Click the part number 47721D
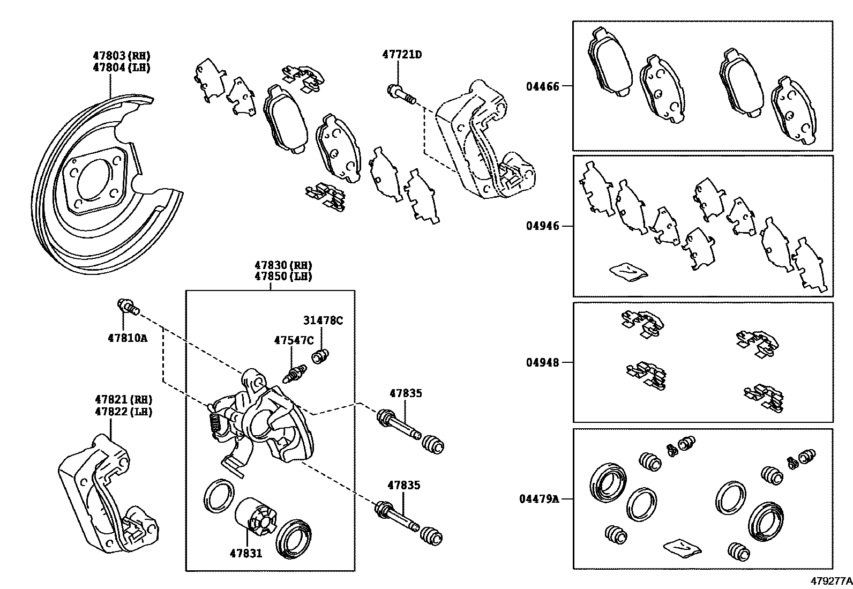(402, 55)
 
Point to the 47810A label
(128, 338)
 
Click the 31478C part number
(323, 321)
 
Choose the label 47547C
(294, 340)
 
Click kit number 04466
(542, 87)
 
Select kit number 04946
(542, 226)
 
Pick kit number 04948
(542, 363)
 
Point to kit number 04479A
(539, 499)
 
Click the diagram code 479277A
(830, 580)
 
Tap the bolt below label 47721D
(401, 94)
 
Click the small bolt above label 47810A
(128, 307)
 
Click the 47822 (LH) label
(124, 412)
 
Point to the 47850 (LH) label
(283, 277)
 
